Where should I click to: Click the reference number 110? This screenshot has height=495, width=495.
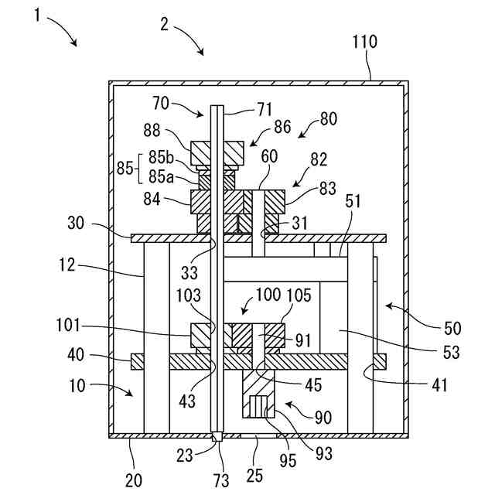[x=364, y=42]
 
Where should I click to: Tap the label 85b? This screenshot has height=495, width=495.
[x=161, y=157]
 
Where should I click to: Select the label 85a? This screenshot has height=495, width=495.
[x=161, y=177]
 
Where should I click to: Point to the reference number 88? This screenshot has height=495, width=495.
[x=152, y=130]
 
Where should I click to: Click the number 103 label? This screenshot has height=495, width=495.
[x=189, y=295]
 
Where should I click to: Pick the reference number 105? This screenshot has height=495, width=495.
[x=299, y=295]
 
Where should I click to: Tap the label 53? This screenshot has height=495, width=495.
[x=451, y=353]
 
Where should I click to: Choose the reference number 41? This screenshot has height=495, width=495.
[x=439, y=385]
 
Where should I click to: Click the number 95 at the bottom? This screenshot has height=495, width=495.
[x=288, y=461]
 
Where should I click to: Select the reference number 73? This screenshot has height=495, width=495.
[x=221, y=480]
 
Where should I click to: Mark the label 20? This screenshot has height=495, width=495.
[x=134, y=480]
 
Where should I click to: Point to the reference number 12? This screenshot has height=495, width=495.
[x=67, y=265]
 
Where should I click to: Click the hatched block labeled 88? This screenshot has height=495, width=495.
[x=217, y=153]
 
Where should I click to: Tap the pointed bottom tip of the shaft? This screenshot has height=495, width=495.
[x=217, y=442]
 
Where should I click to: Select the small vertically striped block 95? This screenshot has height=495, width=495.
[x=258, y=408]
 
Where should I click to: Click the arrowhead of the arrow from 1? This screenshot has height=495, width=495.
[x=75, y=44]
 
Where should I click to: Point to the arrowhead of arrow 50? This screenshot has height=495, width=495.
[x=388, y=306]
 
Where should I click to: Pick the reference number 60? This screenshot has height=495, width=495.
[x=269, y=156]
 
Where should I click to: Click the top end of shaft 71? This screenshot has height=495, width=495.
[x=217, y=105]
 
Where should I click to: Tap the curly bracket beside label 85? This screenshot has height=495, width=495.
[x=138, y=169]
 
